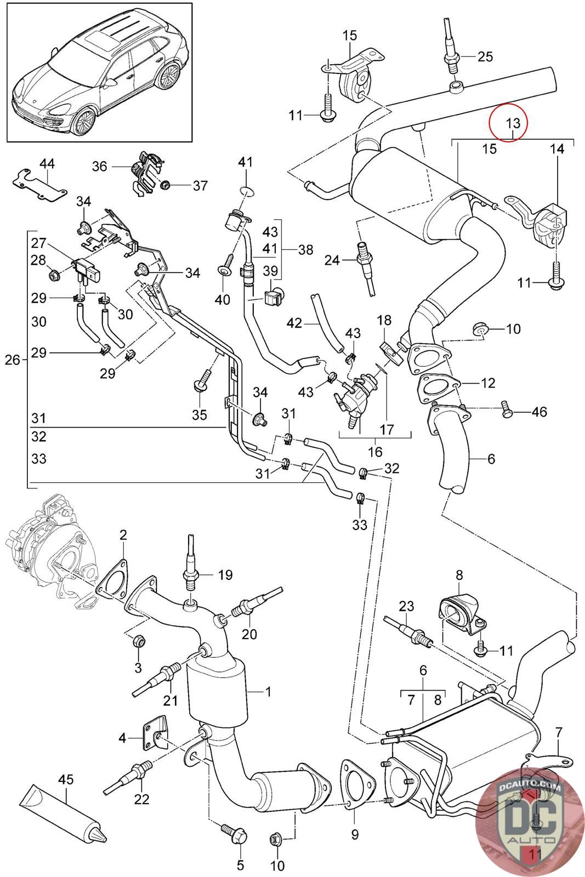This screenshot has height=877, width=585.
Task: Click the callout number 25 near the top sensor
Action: pyautogui.click(x=485, y=56)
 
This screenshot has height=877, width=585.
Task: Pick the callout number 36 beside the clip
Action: pyautogui.click(x=99, y=166)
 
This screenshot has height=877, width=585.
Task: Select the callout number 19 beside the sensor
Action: pyautogui.click(x=225, y=575)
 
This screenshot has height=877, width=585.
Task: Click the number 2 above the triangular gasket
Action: pyautogui.click(x=123, y=534)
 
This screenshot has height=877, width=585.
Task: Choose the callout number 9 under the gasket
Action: pyautogui.click(x=355, y=835)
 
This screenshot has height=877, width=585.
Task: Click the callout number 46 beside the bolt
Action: pyautogui.click(x=539, y=411)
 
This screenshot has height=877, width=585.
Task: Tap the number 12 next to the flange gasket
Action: pyautogui.click(x=488, y=383)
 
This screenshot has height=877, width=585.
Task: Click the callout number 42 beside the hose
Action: pyautogui.click(x=294, y=323)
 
